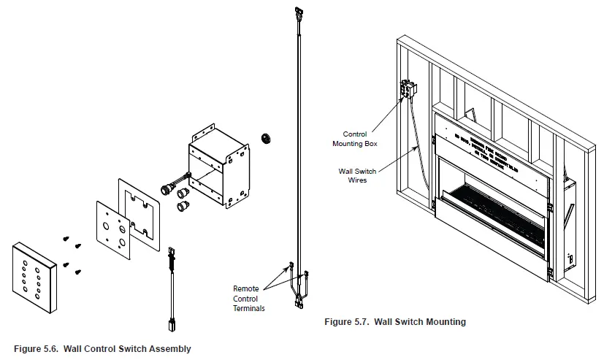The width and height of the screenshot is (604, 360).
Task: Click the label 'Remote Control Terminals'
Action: click(x=249, y=299)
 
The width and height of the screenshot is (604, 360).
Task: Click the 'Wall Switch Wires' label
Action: click(x=357, y=175)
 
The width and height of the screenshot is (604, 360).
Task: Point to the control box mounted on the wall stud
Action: click(x=407, y=90)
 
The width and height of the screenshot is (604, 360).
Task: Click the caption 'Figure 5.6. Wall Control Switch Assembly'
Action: click(x=102, y=348)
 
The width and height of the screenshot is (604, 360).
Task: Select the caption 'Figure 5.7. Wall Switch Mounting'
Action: click(x=394, y=321)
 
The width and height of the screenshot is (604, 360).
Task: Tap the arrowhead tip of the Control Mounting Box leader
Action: click(x=404, y=96)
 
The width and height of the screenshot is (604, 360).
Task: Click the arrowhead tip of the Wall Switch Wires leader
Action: click(x=418, y=147)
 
